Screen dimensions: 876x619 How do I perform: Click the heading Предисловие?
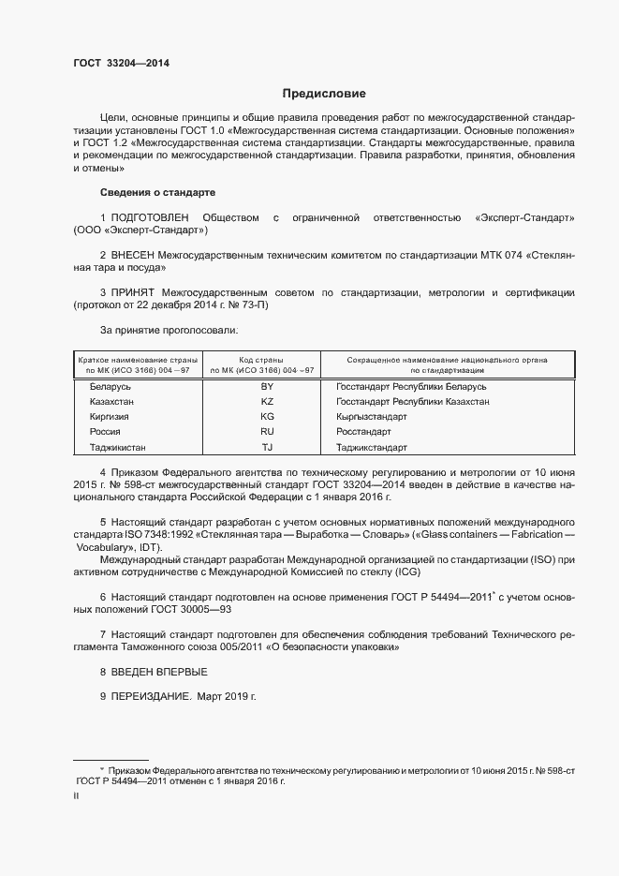(x=324, y=94)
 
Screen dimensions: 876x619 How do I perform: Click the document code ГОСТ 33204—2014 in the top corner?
(x=121, y=64)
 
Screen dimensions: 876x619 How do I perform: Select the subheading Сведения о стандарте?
(x=157, y=192)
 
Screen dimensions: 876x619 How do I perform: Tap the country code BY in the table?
(x=267, y=387)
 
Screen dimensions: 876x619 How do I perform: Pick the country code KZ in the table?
(x=267, y=402)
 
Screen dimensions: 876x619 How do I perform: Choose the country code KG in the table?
(x=267, y=417)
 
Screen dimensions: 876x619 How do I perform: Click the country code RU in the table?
(x=267, y=432)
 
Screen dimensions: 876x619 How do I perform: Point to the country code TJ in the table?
(x=267, y=447)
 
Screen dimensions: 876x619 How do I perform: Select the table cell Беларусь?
(x=111, y=387)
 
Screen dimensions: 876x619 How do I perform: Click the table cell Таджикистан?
(x=118, y=447)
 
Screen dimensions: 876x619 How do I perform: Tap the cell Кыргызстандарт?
(x=371, y=417)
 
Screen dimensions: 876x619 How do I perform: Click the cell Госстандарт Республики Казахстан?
(x=411, y=402)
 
